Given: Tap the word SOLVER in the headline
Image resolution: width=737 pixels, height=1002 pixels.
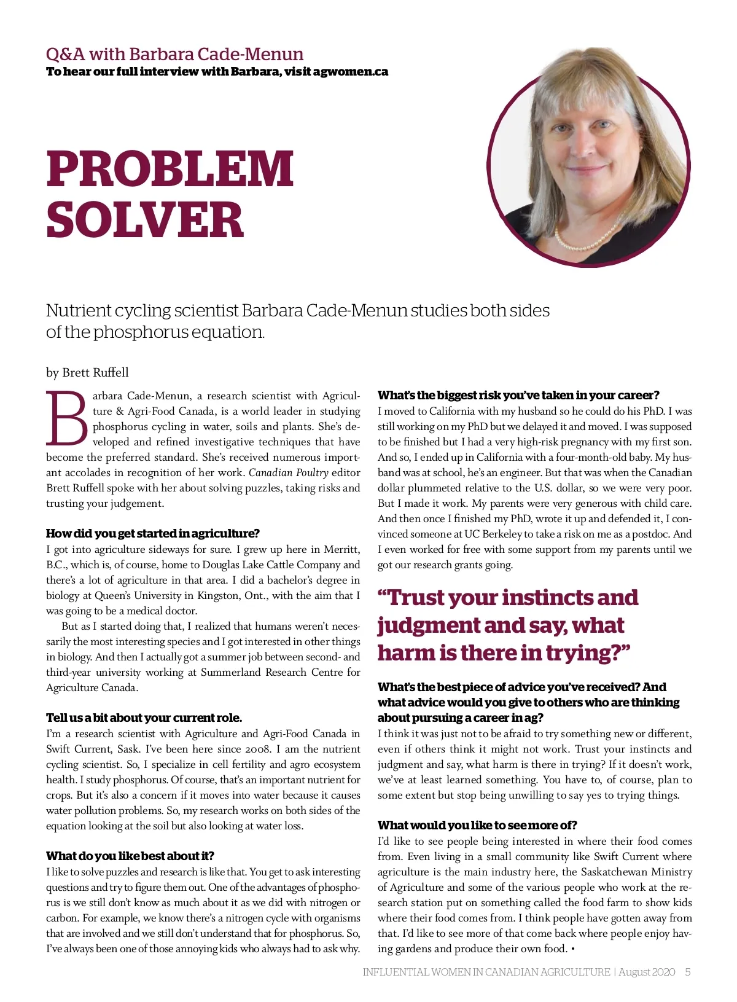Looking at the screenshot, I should [145, 220].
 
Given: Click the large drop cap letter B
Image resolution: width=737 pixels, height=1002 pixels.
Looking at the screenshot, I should [67, 418].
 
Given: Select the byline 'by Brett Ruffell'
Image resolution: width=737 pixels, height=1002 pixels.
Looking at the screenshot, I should [87, 372].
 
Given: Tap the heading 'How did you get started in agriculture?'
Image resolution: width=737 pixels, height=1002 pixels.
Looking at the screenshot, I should [153, 533].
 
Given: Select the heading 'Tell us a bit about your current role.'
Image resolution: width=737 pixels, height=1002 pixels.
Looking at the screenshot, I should [144, 718].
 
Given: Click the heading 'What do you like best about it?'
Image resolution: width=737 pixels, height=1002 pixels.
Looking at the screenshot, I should [130, 856].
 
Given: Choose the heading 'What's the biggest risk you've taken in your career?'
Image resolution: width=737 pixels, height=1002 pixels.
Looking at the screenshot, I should [518, 395].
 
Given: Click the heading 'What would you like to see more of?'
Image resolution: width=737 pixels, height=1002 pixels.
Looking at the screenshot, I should [477, 825].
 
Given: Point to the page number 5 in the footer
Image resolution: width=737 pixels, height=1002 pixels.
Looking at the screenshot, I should [688, 972].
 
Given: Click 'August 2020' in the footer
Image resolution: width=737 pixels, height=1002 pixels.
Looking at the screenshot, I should [647, 972].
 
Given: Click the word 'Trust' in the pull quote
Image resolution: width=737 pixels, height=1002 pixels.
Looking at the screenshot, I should [426, 598].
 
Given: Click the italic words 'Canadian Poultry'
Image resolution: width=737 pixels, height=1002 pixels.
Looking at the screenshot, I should [288, 472].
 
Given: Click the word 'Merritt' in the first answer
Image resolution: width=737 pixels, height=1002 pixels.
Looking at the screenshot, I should [341, 549].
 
